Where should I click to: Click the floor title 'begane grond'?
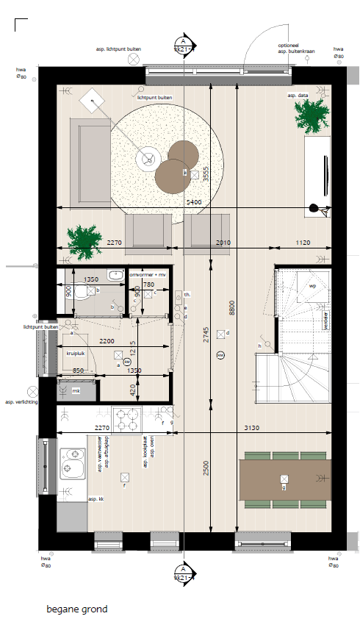(x=77, y=609)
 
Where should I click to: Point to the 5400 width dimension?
(x=195, y=201)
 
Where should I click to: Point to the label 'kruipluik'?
(x=77, y=354)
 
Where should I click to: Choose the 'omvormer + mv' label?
(x=147, y=274)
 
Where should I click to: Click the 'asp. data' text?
(x=297, y=96)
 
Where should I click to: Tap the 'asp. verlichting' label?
(x=21, y=402)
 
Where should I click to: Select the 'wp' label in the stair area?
(x=312, y=285)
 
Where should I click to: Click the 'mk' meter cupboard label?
(x=76, y=390)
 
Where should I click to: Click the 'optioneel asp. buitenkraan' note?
(x=297, y=48)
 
